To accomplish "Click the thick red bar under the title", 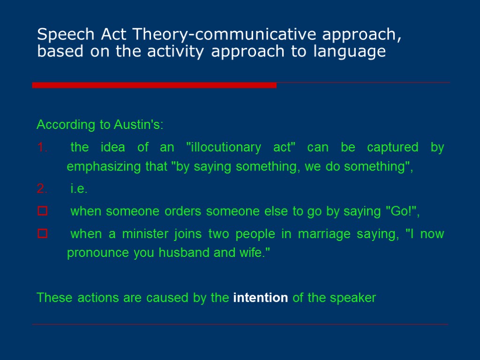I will click(154, 85).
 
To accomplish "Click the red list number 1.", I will click(41, 148).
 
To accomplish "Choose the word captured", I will click(392, 148).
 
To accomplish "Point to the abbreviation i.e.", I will click(79, 189).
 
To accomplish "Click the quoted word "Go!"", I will click(400, 212).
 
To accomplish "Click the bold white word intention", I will click(260, 298).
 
